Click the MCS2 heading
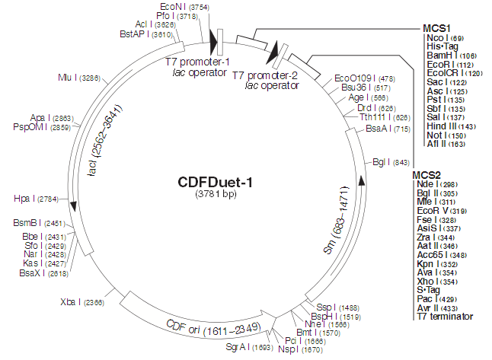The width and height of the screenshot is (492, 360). (x=427, y=174)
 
